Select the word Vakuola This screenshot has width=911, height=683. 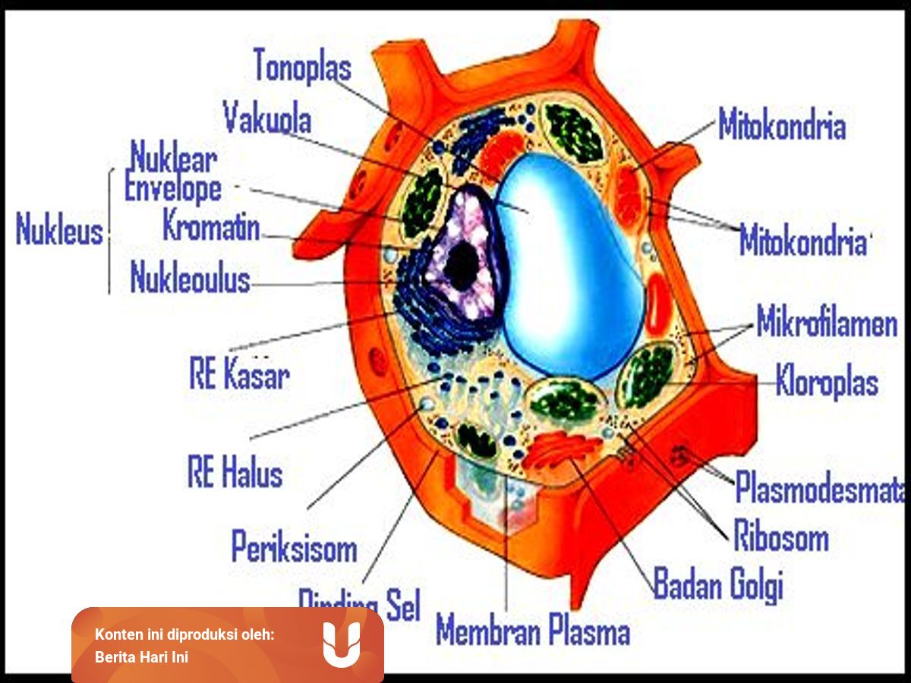[267, 118]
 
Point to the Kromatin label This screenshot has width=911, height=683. [212, 226]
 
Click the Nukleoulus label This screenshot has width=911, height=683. [190, 279]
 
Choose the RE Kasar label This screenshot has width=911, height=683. [238, 375]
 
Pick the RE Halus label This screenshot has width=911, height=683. [235, 473]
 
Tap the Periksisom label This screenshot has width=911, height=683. [294, 546]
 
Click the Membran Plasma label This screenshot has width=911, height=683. [533, 631]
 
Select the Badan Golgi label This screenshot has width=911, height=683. [717, 585]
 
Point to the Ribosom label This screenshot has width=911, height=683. [780, 538]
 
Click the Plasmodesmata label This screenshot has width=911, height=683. [820, 488]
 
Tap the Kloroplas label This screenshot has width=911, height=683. [827, 382]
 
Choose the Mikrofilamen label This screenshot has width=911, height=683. [827, 324]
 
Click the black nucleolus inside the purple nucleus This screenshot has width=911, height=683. [461, 266]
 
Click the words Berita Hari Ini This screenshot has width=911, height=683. [141, 656]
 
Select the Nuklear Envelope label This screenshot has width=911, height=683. [173, 175]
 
